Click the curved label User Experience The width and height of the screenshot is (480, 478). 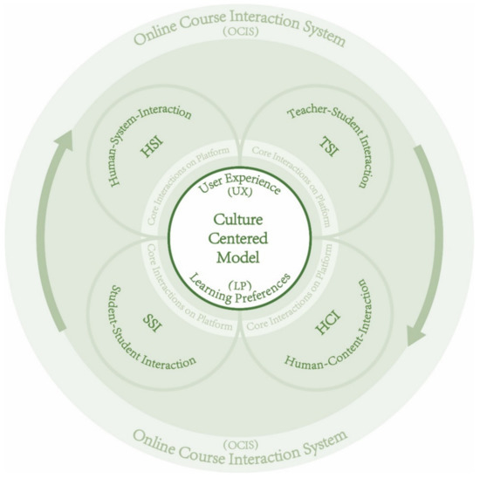pyautogui.click(x=240, y=180)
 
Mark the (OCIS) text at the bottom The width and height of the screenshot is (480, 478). pyautogui.click(x=240, y=421)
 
